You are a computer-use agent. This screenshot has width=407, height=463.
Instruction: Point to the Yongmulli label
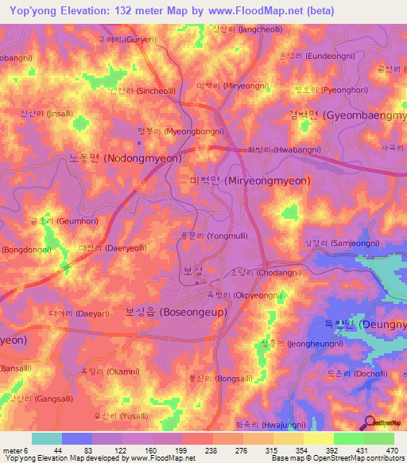(x=206, y=235)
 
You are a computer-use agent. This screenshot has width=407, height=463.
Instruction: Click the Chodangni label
(x=255, y=271)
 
